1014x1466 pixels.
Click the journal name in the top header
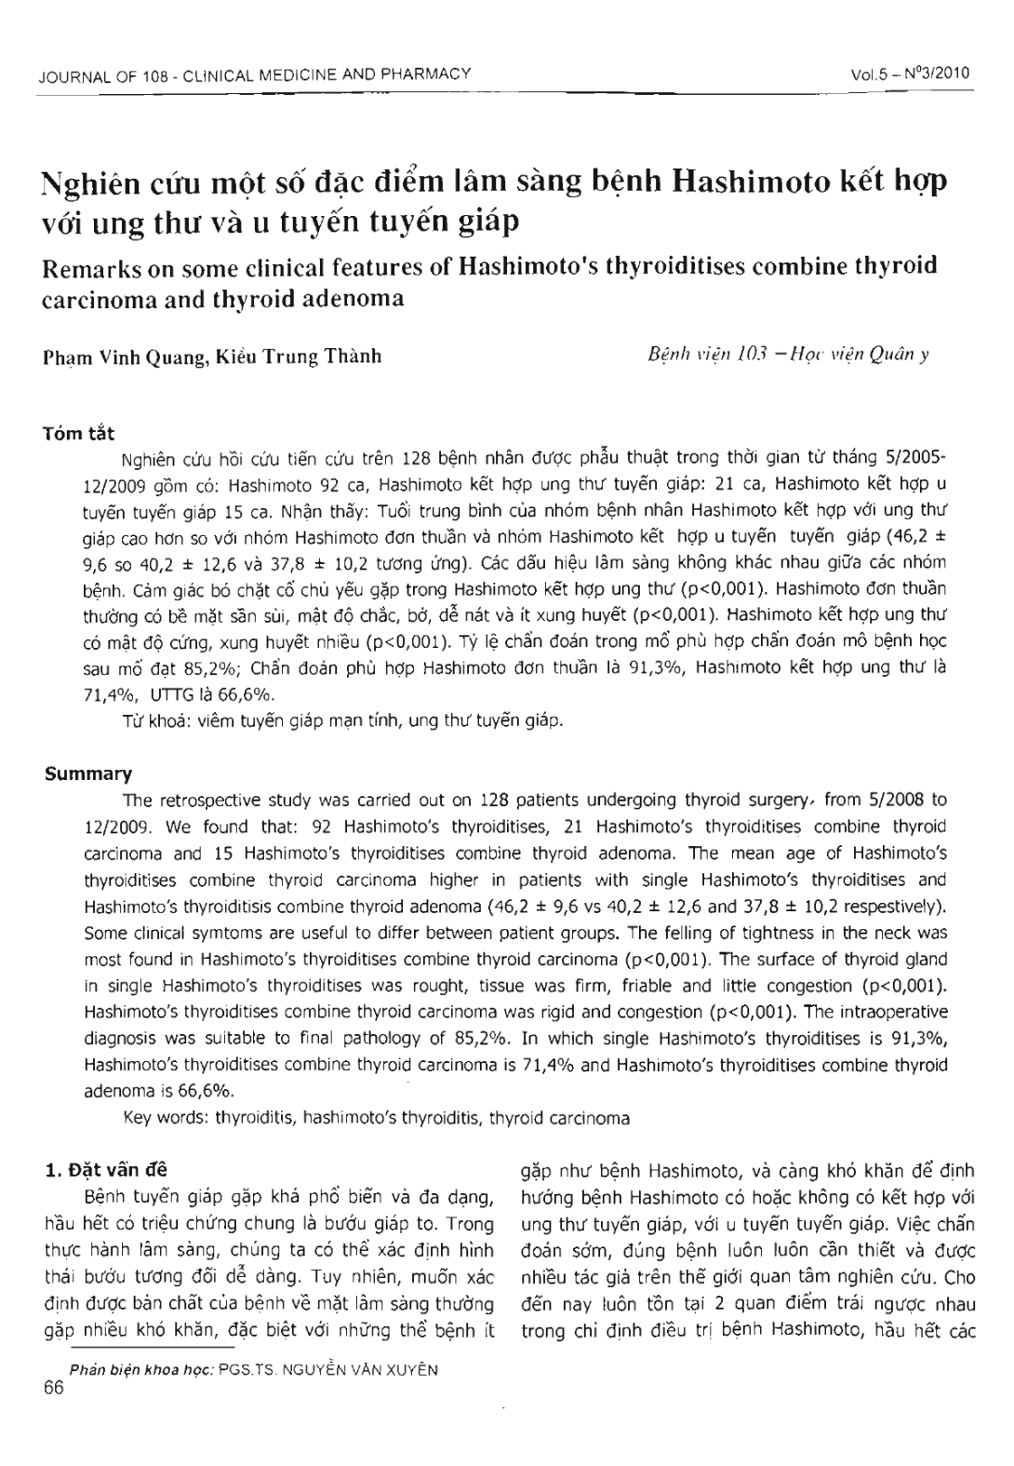[254, 74]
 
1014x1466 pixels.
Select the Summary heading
[88, 774]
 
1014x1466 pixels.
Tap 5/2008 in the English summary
[894, 800]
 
